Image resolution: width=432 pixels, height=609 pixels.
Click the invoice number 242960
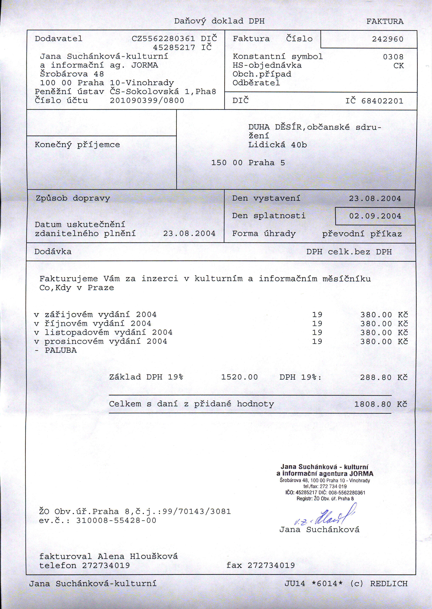pyautogui.click(x=387, y=39)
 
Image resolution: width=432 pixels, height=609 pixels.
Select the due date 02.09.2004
pyautogui.click(x=375, y=216)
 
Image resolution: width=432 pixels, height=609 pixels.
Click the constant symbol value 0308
pyautogui.click(x=393, y=57)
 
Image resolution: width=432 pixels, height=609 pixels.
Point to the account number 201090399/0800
pyautogui.click(x=147, y=100)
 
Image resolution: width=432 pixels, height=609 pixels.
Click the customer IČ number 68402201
pyautogui.click(x=382, y=101)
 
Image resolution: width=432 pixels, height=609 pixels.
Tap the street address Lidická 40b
pyautogui.click(x=277, y=145)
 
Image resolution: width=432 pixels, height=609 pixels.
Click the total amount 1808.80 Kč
pyautogui.click(x=381, y=404)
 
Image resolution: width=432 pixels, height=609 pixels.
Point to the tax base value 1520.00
pyautogui.click(x=239, y=377)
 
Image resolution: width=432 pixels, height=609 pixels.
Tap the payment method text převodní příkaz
pyautogui.click(x=362, y=234)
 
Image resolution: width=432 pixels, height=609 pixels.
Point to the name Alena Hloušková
pyautogui.click(x=138, y=557)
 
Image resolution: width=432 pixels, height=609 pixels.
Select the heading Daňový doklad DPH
pyautogui.click(x=219, y=21)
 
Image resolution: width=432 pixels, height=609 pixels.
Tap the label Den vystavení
pyautogui.click(x=266, y=198)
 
